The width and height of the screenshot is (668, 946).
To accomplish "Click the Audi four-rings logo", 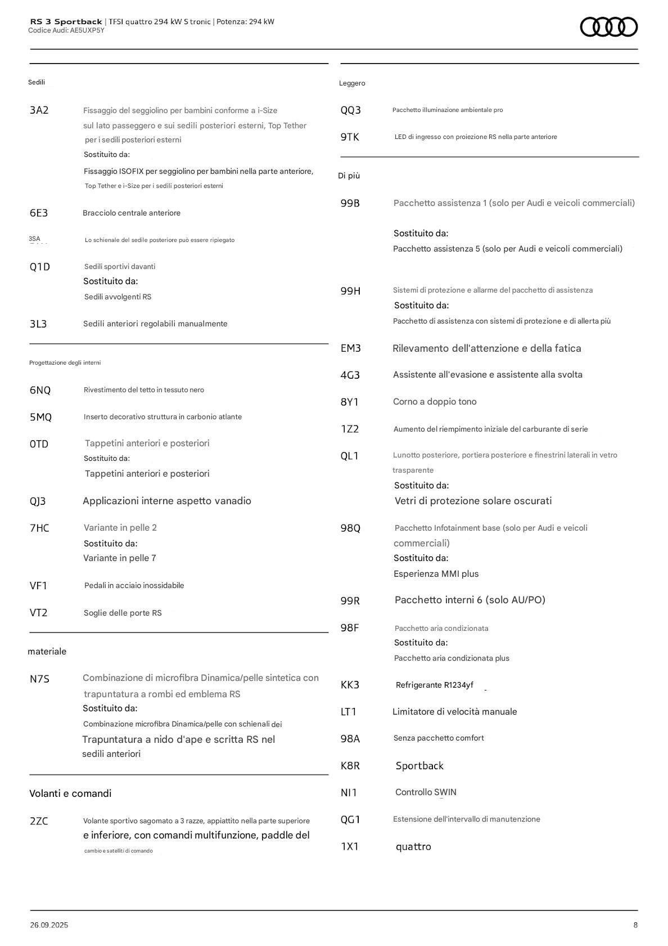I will (608, 27).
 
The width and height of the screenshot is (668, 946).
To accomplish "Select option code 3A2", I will (39, 110).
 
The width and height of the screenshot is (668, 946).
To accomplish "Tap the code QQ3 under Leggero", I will (350, 110).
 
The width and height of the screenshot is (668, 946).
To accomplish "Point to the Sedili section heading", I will (37, 82).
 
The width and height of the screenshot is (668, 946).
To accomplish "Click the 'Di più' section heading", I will (349, 176).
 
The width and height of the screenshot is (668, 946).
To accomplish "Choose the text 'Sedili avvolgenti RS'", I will (118, 297).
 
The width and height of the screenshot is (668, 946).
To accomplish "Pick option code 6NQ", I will (40, 390).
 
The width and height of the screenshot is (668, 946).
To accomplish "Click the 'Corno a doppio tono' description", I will (435, 402).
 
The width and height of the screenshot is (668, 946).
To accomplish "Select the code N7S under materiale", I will (39, 679).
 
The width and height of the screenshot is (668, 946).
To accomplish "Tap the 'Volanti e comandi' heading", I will (70, 793).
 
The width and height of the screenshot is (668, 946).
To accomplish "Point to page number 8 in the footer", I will (635, 925).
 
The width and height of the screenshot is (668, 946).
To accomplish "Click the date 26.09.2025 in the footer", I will (49, 925).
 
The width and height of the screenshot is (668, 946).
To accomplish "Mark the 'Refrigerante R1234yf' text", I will (434, 685).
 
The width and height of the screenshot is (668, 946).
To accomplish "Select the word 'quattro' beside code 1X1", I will (413, 846).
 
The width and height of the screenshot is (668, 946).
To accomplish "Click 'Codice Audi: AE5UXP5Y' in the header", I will (66, 30).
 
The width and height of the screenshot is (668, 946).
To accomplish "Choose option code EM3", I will (350, 348).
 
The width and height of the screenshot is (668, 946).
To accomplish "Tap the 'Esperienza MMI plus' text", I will (436, 574).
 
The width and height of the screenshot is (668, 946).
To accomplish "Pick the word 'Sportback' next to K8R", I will (419, 766).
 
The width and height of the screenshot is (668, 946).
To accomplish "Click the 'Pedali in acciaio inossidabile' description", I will (134, 585).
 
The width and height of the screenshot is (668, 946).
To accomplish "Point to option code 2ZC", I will (39, 821).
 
